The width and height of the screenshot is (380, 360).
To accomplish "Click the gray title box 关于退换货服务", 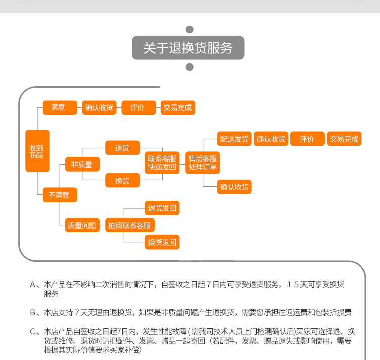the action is (188, 48).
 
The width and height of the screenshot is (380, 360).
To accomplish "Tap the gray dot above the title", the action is (190, 29).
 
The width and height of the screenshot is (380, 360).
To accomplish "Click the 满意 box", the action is (58, 107).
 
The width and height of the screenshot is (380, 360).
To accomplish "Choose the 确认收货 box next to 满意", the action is (99, 108).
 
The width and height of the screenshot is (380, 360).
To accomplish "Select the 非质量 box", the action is (82, 164).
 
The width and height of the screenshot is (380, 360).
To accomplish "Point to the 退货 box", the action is (122, 148).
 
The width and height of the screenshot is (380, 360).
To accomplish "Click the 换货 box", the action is (122, 181).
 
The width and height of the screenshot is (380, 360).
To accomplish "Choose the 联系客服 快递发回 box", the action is (162, 163).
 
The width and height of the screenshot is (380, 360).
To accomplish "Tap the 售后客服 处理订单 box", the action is (203, 163).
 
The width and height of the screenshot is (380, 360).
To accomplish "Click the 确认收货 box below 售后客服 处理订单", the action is (234, 187).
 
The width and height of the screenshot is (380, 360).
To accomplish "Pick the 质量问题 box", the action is (82, 226).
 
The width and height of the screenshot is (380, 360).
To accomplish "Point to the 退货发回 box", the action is (162, 208).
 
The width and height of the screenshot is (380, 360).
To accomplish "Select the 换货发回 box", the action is (162, 243).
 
